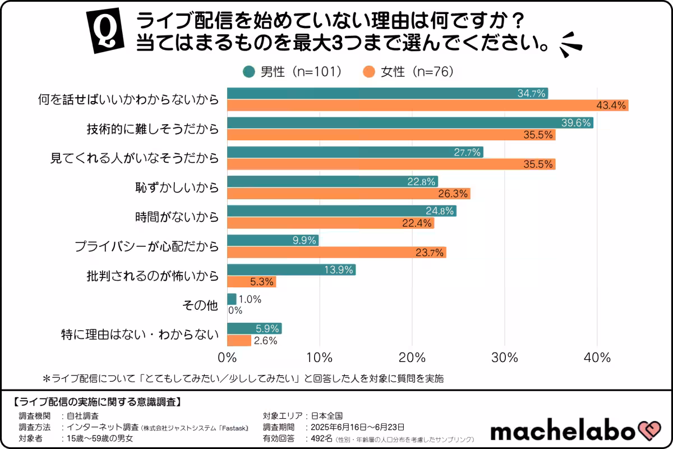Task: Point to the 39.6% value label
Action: pos(577,123)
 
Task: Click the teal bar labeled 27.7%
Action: pos(354,152)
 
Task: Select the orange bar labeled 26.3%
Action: pos(348,194)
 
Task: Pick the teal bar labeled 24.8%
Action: pos(341,211)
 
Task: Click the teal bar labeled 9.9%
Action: pos(273,240)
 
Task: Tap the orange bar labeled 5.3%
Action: pos(251,282)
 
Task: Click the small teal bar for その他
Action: pos(232,299)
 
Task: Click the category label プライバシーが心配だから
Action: pos(146,246)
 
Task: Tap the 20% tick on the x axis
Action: pos(412,358)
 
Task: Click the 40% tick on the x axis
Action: pos(597,358)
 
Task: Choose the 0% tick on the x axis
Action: pos(227,358)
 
